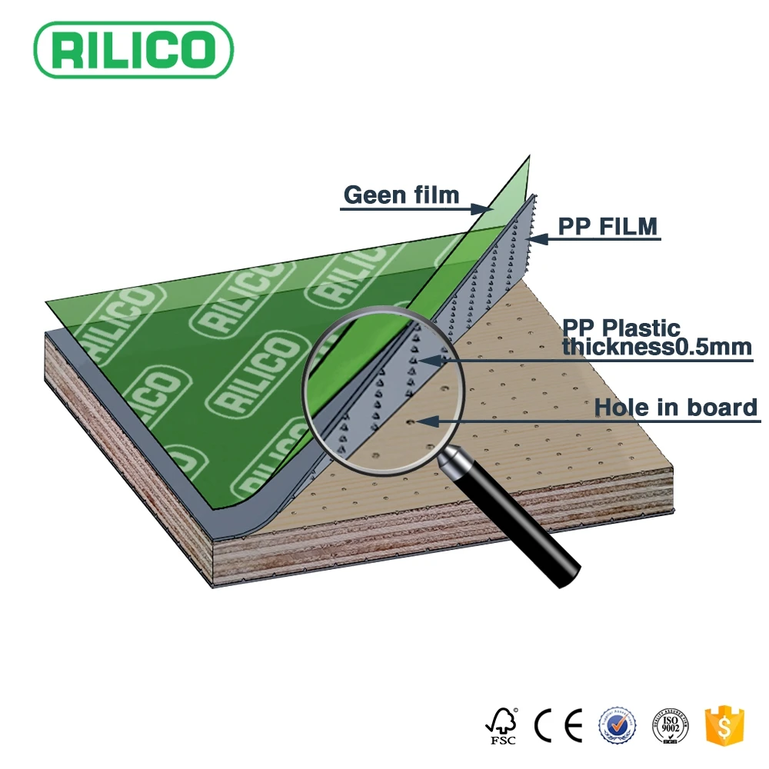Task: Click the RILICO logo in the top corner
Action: (x=133, y=48)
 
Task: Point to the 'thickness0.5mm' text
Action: (x=656, y=347)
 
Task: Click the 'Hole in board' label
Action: (x=676, y=407)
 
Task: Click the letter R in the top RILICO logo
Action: (x=67, y=48)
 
